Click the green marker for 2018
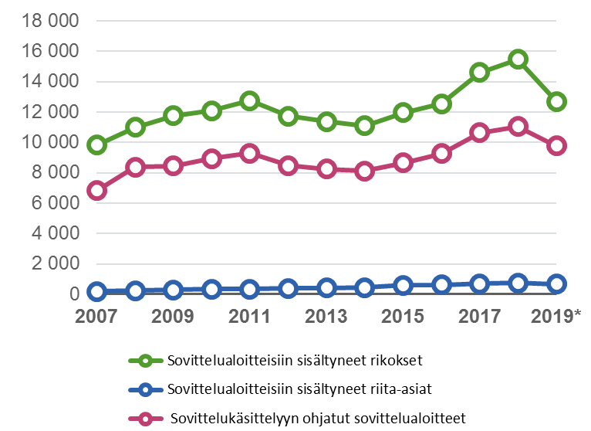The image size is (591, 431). [x=518, y=59]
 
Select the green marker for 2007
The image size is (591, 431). [x=96, y=145]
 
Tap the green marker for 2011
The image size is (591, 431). [x=249, y=101]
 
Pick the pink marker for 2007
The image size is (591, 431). [x=96, y=191]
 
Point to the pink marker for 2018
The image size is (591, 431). [x=518, y=127]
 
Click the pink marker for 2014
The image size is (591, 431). [x=365, y=171]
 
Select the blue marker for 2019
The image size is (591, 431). [x=556, y=284]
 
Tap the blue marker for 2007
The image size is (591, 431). [x=96, y=291]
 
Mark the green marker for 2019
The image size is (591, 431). [x=556, y=101]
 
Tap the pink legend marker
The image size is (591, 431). [x=141, y=419]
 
